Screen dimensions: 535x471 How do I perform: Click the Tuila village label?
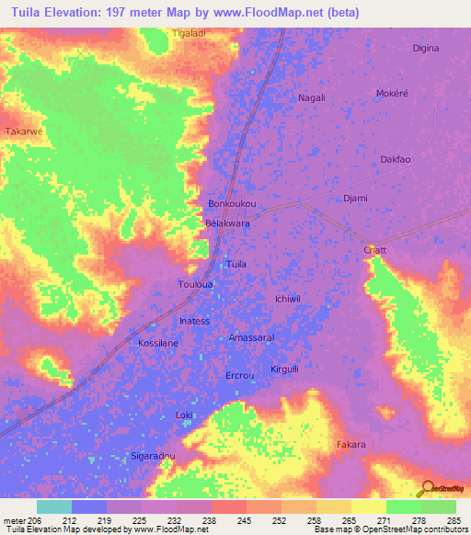pyautogui.click(x=236, y=264)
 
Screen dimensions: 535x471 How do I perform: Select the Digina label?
pyautogui.click(x=426, y=48)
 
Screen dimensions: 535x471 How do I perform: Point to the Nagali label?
pyautogui.click(x=313, y=97)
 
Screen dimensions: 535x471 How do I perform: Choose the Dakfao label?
pyautogui.click(x=395, y=159)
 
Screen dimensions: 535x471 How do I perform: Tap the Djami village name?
pyautogui.click(x=355, y=199)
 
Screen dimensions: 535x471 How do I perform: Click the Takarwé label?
pyautogui.click(x=25, y=131)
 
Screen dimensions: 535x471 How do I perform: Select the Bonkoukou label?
pyautogui.click(x=231, y=203)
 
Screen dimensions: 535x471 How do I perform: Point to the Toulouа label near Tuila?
pyautogui.click(x=195, y=284)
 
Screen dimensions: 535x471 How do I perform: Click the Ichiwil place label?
pyautogui.click(x=289, y=299)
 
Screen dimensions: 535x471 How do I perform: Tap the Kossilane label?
pyautogui.click(x=157, y=342)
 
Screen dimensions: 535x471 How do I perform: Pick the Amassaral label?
pyautogui.click(x=251, y=337)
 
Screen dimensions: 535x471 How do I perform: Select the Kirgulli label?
pyautogui.click(x=285, y=369)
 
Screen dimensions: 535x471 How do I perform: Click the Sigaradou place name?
pyautogui.click(x=152, y=455)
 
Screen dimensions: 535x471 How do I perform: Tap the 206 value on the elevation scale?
pyautogui.click(x=35, y=520)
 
